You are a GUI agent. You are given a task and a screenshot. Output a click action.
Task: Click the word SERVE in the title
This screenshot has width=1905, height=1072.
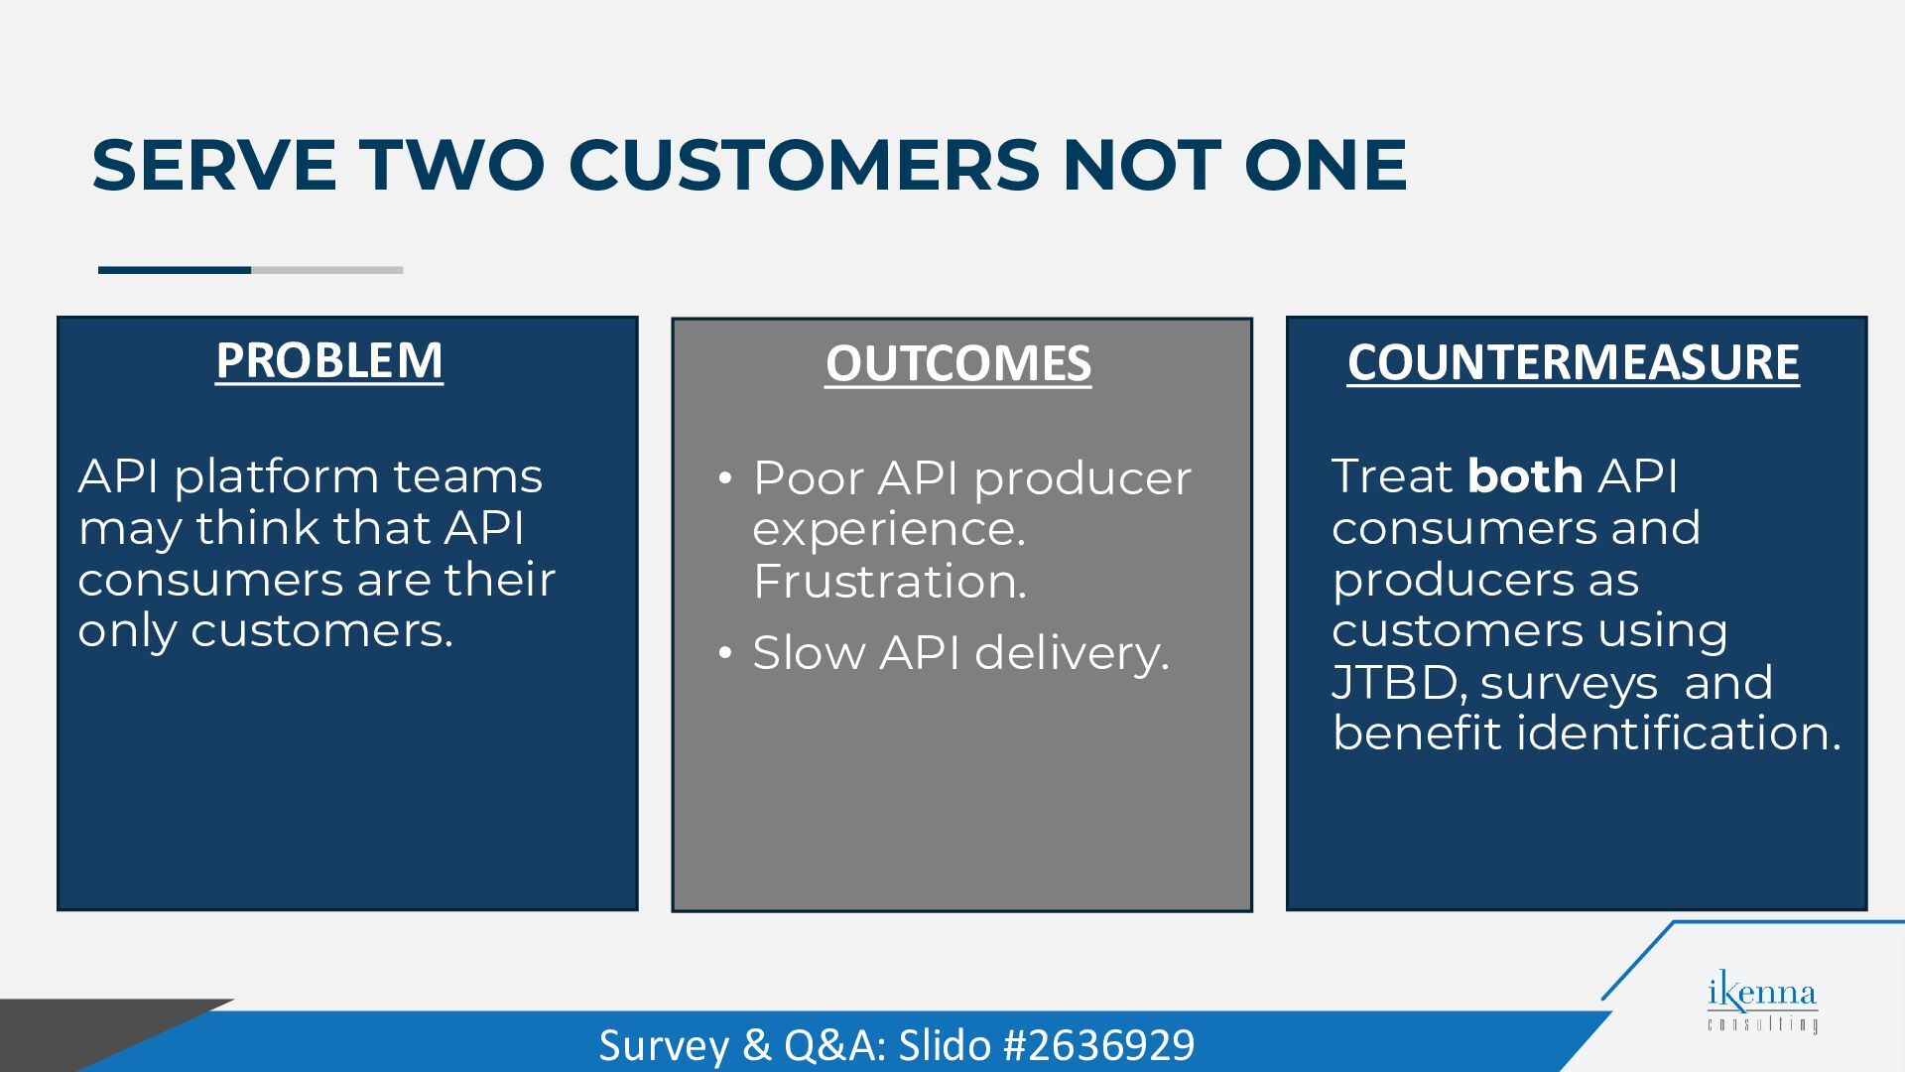pyautogui.click(x=214, y=164)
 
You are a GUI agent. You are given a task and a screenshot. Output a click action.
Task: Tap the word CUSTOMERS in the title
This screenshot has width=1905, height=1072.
pyautogui.click(x=804, y=164)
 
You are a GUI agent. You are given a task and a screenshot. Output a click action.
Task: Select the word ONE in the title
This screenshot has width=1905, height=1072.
pyautogui.click(x=1326, y=164)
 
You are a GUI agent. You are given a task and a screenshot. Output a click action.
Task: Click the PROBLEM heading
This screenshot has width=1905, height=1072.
pyautogui.click(x=329, y=360)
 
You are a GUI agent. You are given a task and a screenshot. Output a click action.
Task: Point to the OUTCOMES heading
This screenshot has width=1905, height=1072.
pyautogui.click(x=958, y=363)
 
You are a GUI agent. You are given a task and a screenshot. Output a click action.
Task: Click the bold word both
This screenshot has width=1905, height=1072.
pyautogui.click(x=1525, y=475)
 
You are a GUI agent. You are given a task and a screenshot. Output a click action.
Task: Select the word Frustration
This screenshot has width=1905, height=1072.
pyautogui.click(x=889, y=582)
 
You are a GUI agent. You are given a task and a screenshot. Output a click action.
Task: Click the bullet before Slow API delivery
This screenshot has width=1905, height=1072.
pyautogui.click(x=725, y=653)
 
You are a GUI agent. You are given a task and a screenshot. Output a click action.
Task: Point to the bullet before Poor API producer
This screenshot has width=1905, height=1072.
pyautogui.click(x=725, y=479)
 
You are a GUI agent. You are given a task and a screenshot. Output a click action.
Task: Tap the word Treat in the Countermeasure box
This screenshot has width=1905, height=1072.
pyautogui.click(x=1392, y=475)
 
